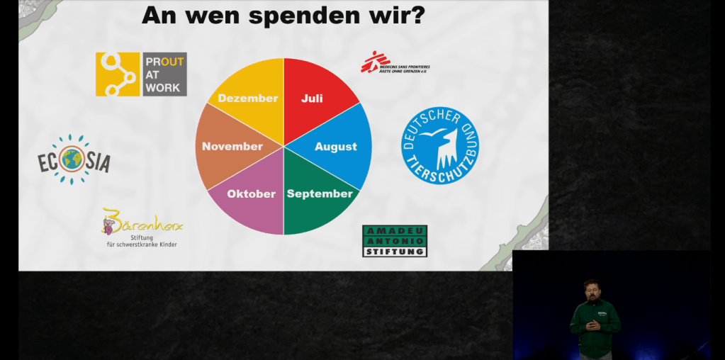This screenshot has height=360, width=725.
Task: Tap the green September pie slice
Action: click(318, 198)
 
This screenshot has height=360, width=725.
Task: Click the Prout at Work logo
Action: click(141, 74)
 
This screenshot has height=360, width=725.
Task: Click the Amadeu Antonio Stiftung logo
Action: click(395, 241)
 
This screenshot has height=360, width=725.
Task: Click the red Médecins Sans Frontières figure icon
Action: click(371, 62)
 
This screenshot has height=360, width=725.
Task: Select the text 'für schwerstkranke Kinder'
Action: click(141, 244)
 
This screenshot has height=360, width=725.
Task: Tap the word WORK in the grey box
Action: click(163, 87)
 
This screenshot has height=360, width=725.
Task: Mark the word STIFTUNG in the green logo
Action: click(395, 251)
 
